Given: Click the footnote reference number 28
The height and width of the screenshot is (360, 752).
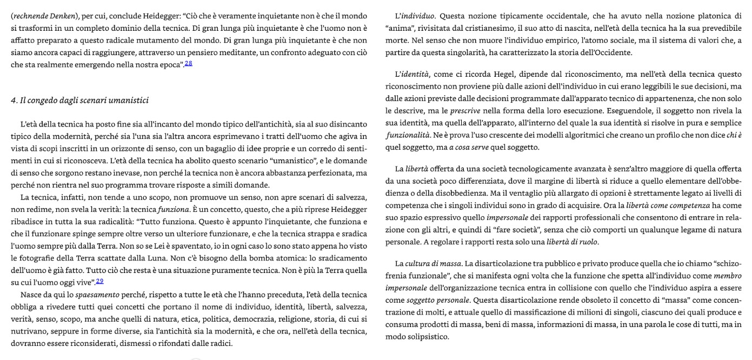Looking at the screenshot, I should point(189,64).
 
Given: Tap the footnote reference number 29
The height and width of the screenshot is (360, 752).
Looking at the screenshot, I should point(100,281).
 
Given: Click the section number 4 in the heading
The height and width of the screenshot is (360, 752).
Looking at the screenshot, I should point(13,101).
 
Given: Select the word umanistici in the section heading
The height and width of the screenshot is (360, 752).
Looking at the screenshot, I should point(129,101).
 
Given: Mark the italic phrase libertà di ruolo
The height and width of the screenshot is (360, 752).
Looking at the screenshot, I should point(572,242).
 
